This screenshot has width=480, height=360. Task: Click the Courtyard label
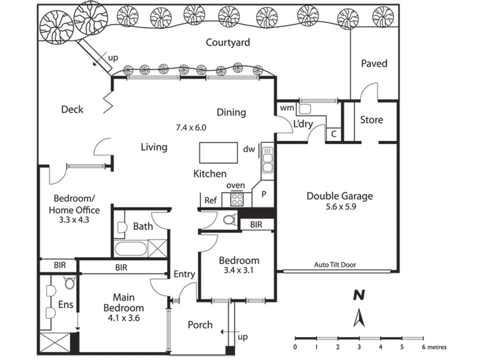[228, 42]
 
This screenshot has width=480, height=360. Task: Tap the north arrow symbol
[359, 318]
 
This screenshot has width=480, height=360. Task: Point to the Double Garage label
[340, 196]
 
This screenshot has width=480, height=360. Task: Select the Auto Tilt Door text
[335, 265]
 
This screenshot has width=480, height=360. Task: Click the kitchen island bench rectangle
[218, 153]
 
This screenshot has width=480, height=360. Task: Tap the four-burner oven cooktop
[237, 199]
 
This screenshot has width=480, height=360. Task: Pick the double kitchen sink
[267, 160]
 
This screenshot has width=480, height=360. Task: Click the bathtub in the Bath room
[130, 249]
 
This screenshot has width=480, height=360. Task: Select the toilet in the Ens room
[69, 283]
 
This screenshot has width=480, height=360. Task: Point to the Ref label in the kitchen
[210, 200]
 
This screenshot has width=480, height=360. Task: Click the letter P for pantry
[264, 194]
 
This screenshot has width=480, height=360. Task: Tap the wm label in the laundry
[287, 108]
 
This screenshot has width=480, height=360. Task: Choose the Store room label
[371, 120]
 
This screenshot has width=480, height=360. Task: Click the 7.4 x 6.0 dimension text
[191, 127]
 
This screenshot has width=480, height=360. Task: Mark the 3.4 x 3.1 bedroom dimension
[238, 270]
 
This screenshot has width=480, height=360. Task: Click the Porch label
[200, 325]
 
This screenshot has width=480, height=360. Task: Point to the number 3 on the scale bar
[359, 347]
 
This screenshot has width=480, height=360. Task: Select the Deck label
[72, 109]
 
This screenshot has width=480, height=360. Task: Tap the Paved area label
[374, 63]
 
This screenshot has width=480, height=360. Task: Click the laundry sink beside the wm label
[305, 108]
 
